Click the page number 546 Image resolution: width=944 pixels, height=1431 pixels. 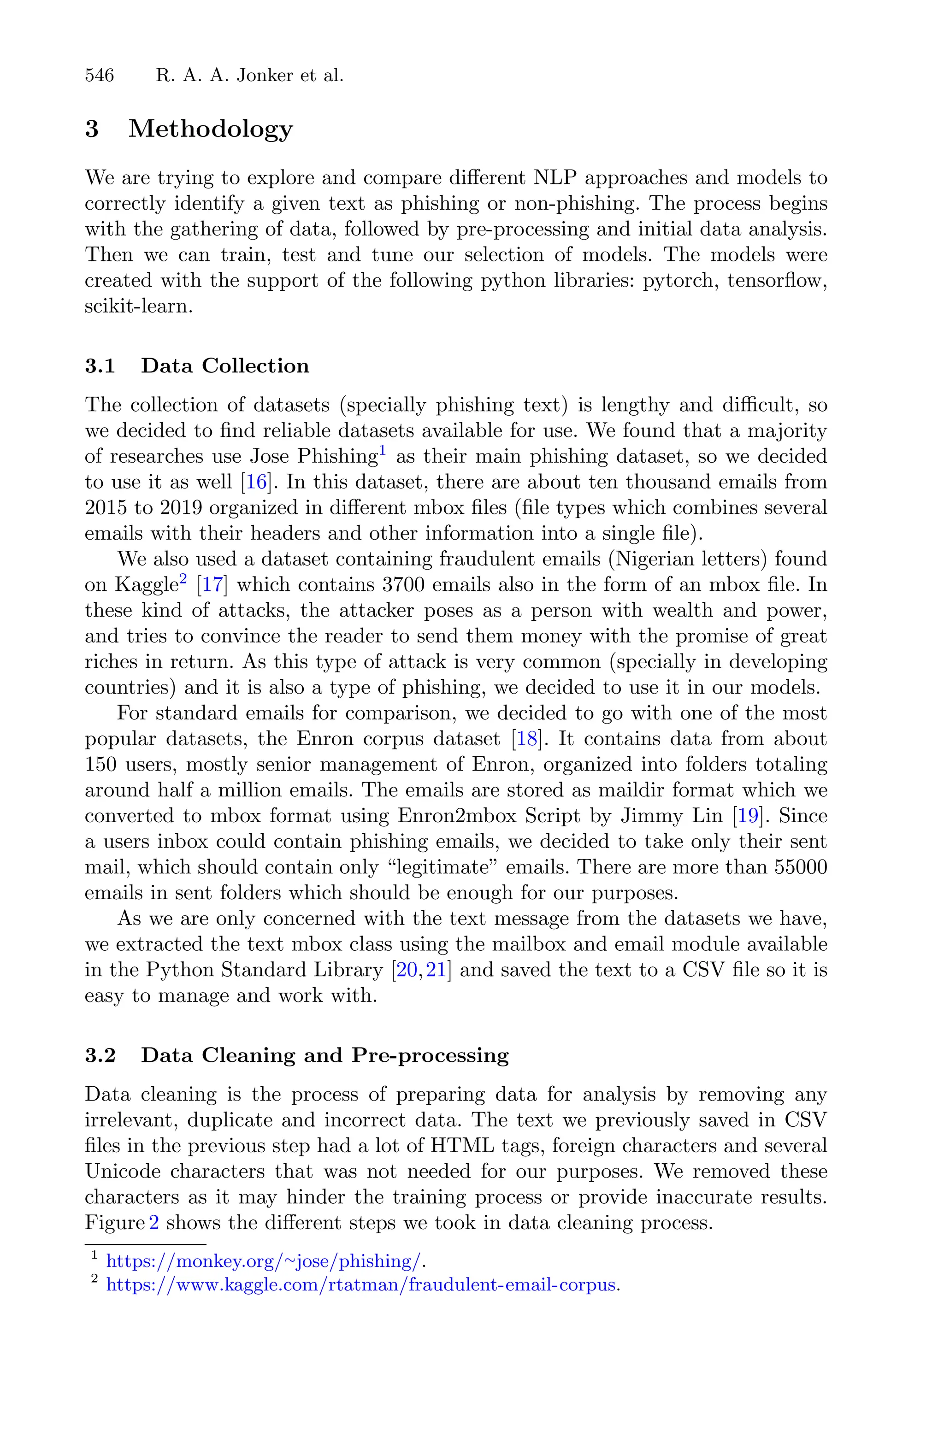(100, 76)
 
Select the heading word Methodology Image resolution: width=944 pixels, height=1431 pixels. (210, 129)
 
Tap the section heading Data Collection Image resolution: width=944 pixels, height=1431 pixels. (224, 366)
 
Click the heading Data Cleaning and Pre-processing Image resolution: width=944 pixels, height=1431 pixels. (324, 1055)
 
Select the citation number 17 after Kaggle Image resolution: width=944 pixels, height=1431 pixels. (213, 585)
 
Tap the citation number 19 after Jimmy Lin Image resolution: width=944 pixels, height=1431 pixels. (747, 817)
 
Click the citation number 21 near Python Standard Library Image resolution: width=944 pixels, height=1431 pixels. (435, 971)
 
